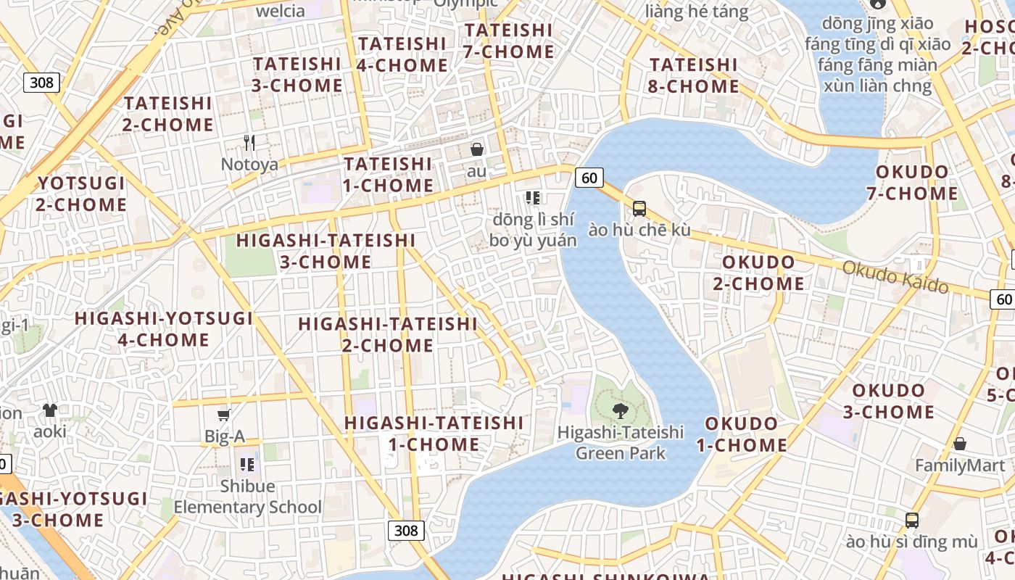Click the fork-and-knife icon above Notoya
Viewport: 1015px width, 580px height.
tap(249, 142)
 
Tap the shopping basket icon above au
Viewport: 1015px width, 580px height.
tap(477, 150)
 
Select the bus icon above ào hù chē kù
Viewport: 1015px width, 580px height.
tap(639, 209)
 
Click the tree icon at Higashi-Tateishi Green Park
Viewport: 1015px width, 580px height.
tap(620, 411)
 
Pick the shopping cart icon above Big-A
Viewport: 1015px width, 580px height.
tap(224, 415)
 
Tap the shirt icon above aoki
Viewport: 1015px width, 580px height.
tap(49, 410)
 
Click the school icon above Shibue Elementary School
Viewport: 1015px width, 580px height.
tap(247, 465)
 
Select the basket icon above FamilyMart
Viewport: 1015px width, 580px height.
tap(960, 444)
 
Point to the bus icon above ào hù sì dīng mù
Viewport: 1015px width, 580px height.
tap(911, 521)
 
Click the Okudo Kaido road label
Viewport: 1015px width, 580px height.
tap(895, 277)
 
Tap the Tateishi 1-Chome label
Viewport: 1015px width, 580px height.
tap(388, 175)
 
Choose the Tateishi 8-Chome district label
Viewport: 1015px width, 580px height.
tap(694, 75)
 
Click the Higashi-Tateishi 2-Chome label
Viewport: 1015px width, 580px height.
tap(388, 334)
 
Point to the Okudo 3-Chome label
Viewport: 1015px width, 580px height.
tap(888, 401)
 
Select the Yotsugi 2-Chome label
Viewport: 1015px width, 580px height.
tap(81, 194)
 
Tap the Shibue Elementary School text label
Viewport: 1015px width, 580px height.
tap(247, 497)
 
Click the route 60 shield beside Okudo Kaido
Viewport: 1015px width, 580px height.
tap(1003, 299)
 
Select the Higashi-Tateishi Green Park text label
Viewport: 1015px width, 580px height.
tap(621, 442)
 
